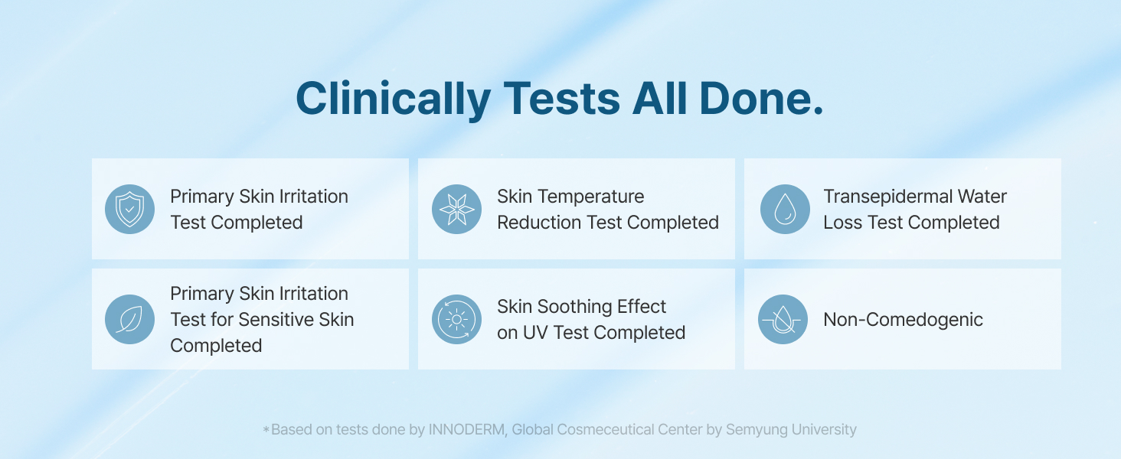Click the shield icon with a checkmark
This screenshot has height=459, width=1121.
(x=129, y=209)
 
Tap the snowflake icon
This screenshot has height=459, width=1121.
(x=456, y=209)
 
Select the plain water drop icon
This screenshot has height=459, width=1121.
(x=785, y=209)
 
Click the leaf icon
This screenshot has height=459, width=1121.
(x=129, y=319)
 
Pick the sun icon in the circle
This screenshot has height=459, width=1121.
(x=456, y=319)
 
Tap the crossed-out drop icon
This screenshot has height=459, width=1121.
(x=783, y=319)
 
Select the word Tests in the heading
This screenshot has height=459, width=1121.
(x=562, y=98)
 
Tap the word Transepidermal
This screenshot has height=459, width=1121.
(x=886, y=197)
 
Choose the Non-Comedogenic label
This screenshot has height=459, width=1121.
(x=904, y=320)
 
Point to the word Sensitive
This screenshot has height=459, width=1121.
(x=283, y=320)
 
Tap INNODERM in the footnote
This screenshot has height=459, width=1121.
(x=467, y=429)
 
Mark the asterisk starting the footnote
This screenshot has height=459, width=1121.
(x=266, y=429)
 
